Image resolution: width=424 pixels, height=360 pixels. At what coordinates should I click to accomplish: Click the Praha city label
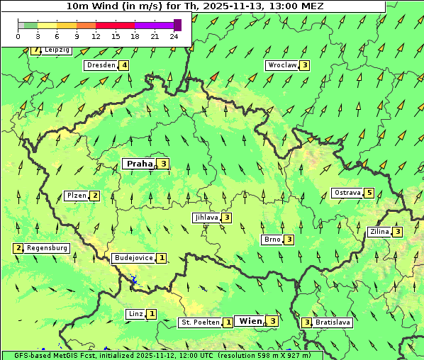coord(139,164)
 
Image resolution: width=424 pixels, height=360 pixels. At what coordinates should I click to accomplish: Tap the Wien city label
coord(250,321)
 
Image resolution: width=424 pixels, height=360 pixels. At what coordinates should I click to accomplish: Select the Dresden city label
coord(101,65)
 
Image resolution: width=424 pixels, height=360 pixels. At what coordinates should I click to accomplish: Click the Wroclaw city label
coord(281,65)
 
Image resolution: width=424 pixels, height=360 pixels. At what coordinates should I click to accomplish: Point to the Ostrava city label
coord(347,193)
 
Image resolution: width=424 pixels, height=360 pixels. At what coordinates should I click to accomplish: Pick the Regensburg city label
coord(48,248)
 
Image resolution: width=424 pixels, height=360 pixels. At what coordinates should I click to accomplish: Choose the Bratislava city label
coord(333,322)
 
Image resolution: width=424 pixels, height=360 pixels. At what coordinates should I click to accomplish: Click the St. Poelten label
coord(200,322)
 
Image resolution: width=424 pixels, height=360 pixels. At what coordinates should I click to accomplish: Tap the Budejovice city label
coord(133,258)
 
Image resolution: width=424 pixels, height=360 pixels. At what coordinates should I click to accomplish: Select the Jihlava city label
coord(206,218)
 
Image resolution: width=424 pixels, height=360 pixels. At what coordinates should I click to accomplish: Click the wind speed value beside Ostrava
coord(369,193)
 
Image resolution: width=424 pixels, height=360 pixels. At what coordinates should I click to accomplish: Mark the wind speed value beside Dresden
coord(124,65)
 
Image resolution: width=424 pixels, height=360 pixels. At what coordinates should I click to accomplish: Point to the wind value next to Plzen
coord(94,196)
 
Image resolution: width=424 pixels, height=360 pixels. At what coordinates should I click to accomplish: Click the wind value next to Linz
coord(152,314)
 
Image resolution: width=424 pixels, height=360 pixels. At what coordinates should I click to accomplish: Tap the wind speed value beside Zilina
coord(398,232)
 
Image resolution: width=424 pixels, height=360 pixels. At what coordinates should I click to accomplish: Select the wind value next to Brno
coord(289,240)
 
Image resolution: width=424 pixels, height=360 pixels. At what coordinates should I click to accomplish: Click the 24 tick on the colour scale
coord(174,36)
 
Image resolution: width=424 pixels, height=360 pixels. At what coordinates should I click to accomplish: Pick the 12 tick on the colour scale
coord(96,36)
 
